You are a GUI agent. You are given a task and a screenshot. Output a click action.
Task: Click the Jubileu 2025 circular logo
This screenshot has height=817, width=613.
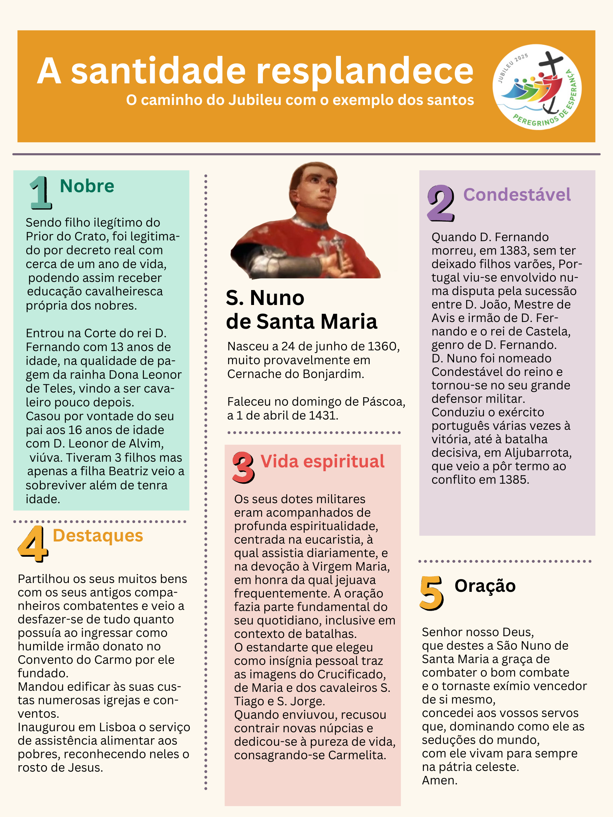coord(536,87)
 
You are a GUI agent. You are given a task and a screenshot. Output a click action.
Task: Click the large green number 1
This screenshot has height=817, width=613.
coord(40,193)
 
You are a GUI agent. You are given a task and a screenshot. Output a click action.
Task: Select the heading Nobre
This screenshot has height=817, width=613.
coord(87,186)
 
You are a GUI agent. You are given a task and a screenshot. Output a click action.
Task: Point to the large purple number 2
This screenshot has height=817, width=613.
coord(441,203)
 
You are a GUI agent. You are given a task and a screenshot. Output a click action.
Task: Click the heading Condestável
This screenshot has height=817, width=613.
coord(517,195)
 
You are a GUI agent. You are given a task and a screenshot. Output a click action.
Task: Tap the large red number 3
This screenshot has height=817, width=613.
coord(243,467)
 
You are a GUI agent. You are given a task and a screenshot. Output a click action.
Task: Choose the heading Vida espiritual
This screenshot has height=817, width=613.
coord(322,461)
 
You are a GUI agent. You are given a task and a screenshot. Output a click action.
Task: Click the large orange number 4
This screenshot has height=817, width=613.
coord(33,543)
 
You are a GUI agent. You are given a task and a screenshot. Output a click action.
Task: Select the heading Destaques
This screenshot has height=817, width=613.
coord(98,535)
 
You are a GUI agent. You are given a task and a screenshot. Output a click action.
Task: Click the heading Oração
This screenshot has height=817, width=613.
coord(485,586)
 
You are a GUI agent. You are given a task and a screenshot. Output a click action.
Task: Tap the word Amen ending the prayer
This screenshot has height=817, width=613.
coord(439,780)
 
